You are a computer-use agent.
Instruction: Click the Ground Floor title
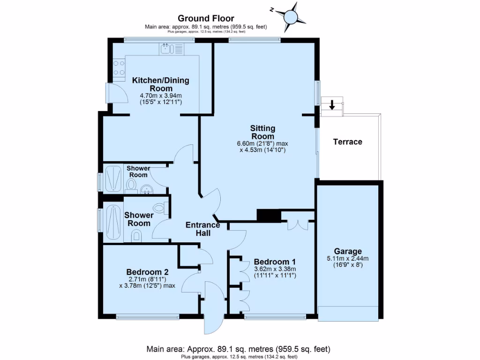click(x=206, y=19)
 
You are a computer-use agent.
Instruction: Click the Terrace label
click(x=347, y=142)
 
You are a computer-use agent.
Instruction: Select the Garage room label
click(x=348, y=251)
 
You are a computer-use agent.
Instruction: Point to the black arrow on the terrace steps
click(x=332, y=105)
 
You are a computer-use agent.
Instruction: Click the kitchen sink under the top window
click(x=172, y=49)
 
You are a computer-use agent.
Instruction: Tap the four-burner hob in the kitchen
click(x=119, y=68)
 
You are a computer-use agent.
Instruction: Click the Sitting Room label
click(x=262, y=132)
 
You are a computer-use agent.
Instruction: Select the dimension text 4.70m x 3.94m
click(x=160, y=95)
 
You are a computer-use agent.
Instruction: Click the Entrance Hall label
click(x=203, y=228)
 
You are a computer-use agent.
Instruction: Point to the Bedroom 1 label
click(x=274, y=262)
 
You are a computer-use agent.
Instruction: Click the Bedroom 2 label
click(x=147, y=271)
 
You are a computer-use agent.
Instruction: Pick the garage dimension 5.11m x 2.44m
click(x=348, y=258)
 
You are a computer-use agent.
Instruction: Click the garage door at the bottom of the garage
click(x=348, y=313)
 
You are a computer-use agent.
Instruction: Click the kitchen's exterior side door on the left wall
click(x=114, y=92)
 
